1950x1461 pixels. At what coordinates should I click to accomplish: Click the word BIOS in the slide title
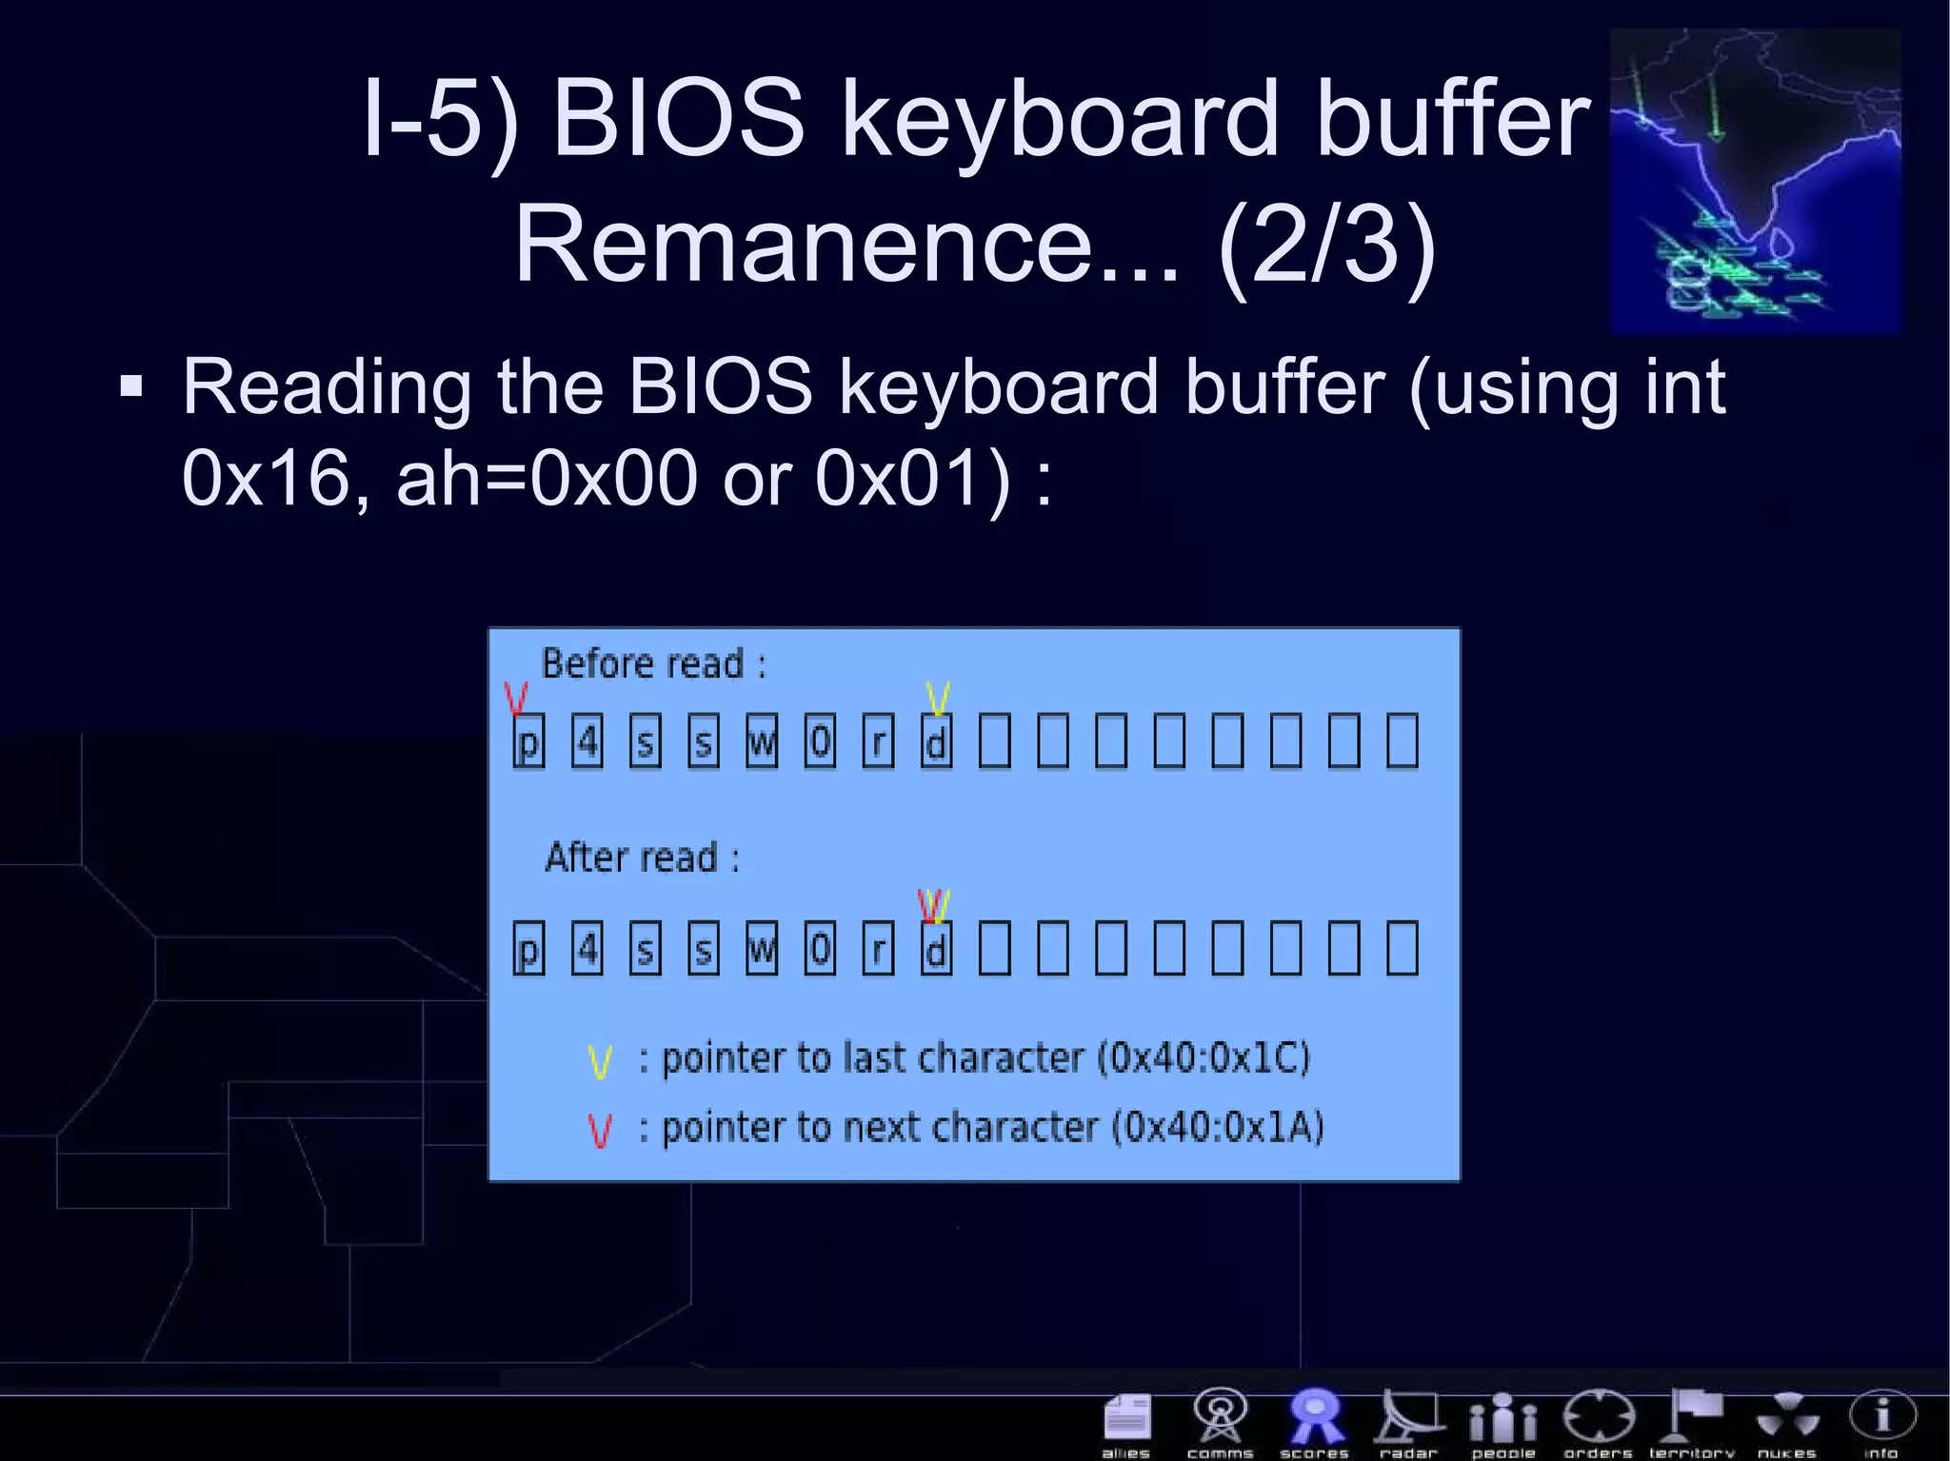click(678, 118)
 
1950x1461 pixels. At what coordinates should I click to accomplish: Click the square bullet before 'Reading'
click(131, 387)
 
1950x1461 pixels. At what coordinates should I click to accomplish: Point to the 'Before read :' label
click(653, 663)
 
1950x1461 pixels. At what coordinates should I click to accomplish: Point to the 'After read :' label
click(642, 858)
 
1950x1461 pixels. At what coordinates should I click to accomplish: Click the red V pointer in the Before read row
click(516, 698)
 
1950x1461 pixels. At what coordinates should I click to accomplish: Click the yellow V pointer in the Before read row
click(938, 698)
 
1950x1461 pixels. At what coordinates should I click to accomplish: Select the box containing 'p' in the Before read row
click(528, 741)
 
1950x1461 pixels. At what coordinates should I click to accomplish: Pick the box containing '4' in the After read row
click(587, 949)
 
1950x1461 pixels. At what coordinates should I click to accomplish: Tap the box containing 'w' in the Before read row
click(762, 741)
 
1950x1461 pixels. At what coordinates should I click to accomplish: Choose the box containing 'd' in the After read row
click(936, 949)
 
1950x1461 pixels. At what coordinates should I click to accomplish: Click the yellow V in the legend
click(600, 1060)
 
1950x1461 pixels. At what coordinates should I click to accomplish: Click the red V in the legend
click(600, 1130)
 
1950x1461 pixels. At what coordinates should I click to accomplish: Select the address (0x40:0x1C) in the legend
click(1204, 1057)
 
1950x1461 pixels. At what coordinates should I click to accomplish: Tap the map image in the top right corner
click(1755, 181)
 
